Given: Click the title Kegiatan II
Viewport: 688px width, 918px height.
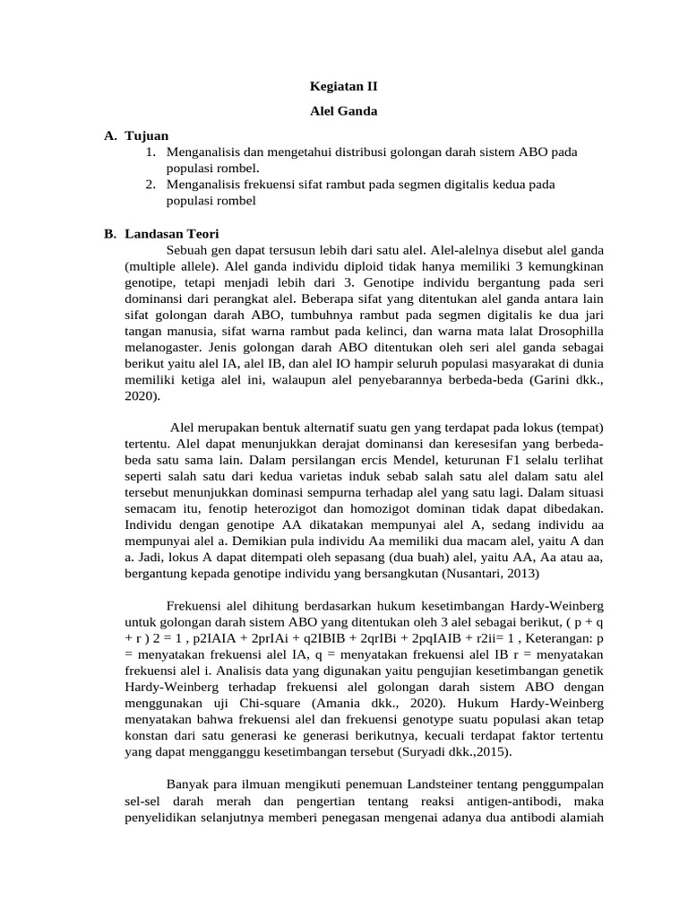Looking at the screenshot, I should click(x=343, y=87).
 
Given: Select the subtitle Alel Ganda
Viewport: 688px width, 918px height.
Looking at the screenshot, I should click(x=343, y=112).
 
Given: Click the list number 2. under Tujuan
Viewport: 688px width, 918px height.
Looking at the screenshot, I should click(x=151, y=185).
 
